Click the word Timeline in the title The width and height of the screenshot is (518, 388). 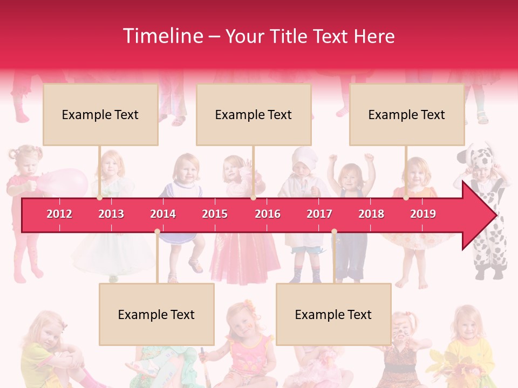(x=162, y=36)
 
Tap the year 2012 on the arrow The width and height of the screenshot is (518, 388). (x=59, y=214)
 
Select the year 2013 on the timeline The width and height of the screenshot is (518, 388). (x=111, y=214)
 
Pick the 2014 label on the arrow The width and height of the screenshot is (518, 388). (x=163, y=214)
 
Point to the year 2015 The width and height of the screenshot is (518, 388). (x=215, y=214)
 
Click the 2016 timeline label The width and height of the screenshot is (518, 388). (x=268, y=214)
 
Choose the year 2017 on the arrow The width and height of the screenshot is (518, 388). (x=319, y=214)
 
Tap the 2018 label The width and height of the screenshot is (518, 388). (x=371, y=214)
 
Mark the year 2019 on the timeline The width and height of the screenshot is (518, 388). (x=423, y=214)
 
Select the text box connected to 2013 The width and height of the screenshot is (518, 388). (x=100, y=114)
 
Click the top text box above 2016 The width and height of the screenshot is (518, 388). (x=254, y=114)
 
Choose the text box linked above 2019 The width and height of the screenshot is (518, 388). (x=407, y=114)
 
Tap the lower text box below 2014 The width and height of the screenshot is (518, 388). (x=156, y=314)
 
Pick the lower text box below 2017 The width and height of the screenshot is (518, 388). (x=333, y=314)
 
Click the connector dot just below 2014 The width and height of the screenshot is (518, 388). (x=157, y=232)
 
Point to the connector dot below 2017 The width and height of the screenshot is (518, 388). (x=334, y=232)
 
